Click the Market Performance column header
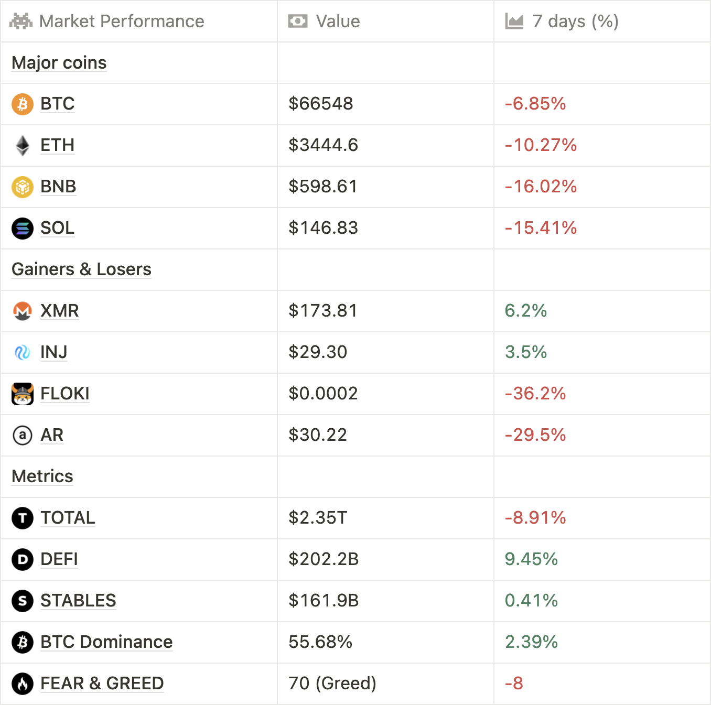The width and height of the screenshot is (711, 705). coord(121,21)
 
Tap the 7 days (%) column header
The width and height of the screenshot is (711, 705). coord(575,21)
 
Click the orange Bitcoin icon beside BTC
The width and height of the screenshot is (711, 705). coord(23,104)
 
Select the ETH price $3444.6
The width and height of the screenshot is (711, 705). coord(323,145)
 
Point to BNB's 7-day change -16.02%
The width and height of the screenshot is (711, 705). coord(541,187)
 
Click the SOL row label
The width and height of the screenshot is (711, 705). coord(57,228)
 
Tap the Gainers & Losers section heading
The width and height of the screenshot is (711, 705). coord(81,269)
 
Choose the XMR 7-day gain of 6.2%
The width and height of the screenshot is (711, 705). coord(525,311)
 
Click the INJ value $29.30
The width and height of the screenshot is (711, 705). coord(318,352)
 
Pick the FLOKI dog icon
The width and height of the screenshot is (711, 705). coord(23,394)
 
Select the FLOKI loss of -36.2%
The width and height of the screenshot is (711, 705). coord(535,394)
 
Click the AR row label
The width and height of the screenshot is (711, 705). coord(52,435)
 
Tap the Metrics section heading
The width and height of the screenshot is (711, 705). coord(42,476)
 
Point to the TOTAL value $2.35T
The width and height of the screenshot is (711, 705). coord(318,518)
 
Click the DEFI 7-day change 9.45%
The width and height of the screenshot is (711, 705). coord(531,559)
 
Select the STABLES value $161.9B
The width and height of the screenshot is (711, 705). coord(324,601)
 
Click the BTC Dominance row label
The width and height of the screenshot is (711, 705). coord(106,642)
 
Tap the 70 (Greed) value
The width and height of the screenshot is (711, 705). coord(332,684)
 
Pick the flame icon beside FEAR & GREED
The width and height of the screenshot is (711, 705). coord(23,684)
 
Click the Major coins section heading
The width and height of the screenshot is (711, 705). coord(59,63)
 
